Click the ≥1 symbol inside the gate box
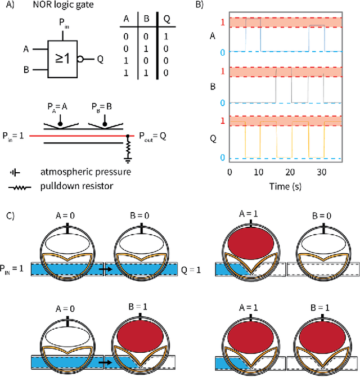(x=62, y=58)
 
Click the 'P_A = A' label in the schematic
(x=57, y=105)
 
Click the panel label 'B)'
(x=199, y=6)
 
